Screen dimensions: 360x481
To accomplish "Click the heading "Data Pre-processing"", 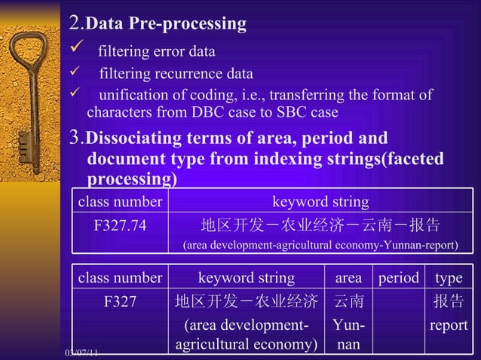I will pos(165,24).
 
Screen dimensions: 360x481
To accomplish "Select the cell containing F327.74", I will pos(120,226).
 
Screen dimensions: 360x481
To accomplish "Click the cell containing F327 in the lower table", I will pos(120,302).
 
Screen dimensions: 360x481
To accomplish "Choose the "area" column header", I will pos(348,278).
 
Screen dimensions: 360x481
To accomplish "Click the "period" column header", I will pos(398,278).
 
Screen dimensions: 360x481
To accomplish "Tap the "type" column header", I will pos(449,278).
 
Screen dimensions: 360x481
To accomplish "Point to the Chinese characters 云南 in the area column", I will pos(348,302).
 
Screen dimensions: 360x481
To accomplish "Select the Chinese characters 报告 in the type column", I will pos(449,302).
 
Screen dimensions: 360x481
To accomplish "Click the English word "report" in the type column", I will pos(449,326).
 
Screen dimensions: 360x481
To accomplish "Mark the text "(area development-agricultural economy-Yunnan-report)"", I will pos(320,246).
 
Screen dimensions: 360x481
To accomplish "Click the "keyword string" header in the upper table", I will pos(320,202).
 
